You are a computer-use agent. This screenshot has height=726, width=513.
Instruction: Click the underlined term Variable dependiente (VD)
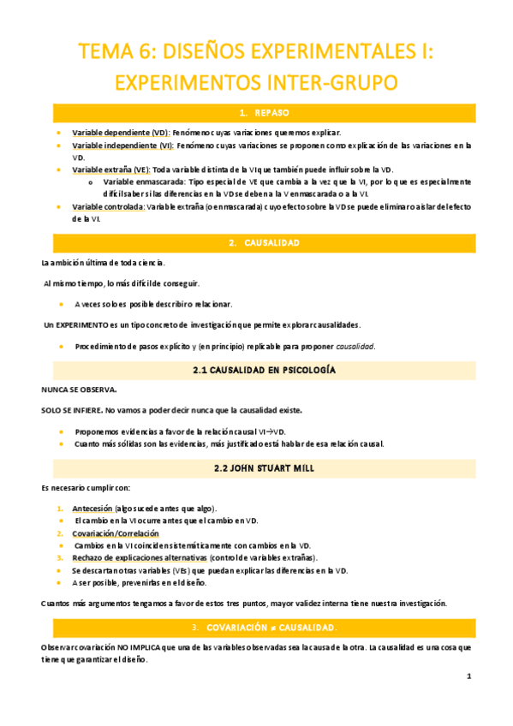coord(120,134)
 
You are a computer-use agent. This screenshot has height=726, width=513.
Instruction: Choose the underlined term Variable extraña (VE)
coord(110,170)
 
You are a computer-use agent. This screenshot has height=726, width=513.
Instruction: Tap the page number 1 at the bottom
coord(468,676)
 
